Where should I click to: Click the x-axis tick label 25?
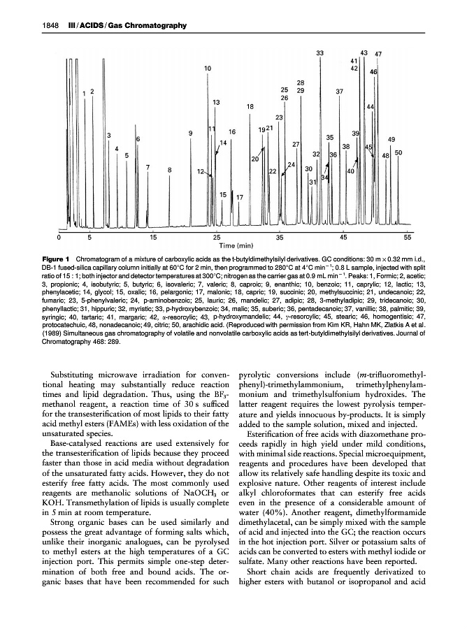[217, 238]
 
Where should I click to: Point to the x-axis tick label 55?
[408, 238]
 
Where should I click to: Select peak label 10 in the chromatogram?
[208, 68]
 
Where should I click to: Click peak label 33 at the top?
[319, 53]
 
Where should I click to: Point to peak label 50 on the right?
[398, 152]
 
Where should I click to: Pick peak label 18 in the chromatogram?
[250, 106]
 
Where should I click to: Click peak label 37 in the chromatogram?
[339, 92]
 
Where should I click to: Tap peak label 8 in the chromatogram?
[170, 169]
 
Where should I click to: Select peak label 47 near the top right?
[378, 54]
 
